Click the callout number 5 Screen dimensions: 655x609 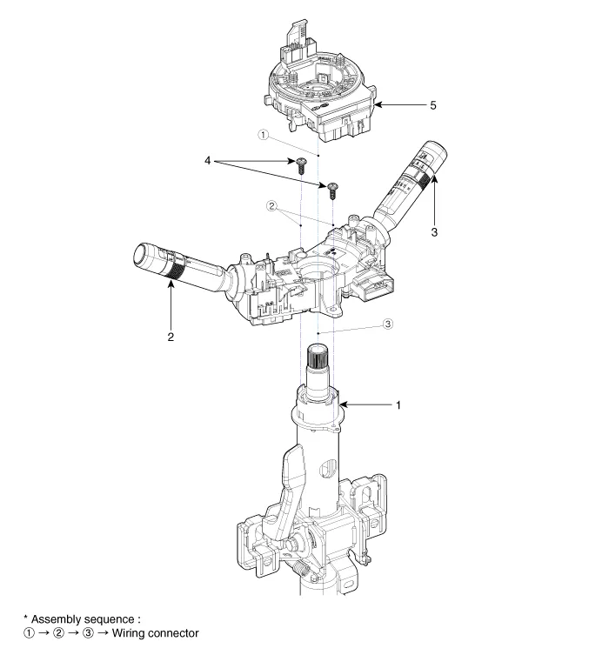click(432, 105)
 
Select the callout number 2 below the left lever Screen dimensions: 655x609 click(171, 336)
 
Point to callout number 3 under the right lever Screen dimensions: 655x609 click(432, 232)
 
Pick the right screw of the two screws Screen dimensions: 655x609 click(332, 189)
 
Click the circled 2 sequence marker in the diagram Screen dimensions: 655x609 click(272, 208)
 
